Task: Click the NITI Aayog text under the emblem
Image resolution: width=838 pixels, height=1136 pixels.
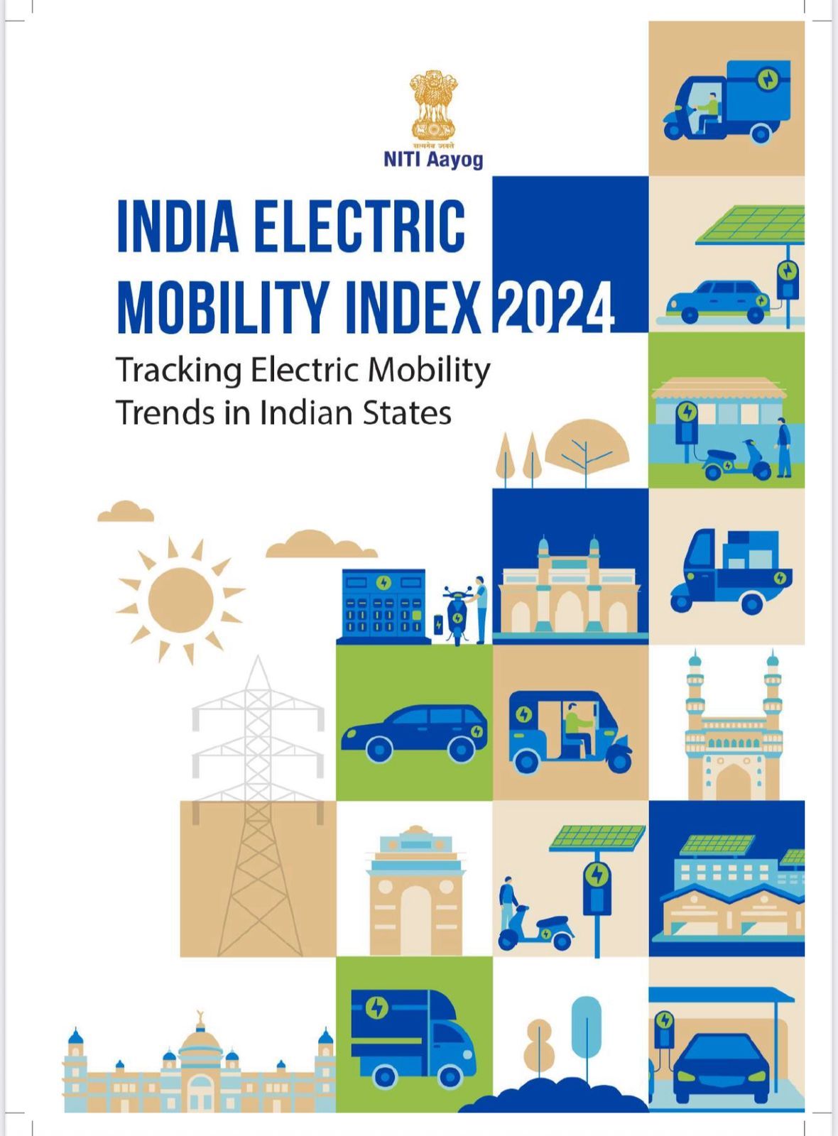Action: point(432,159)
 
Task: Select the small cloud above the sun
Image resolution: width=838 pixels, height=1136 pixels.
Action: point(126,511)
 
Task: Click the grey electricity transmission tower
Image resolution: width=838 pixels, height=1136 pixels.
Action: point(259,781)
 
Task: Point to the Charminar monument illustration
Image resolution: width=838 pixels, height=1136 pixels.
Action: point(733,731)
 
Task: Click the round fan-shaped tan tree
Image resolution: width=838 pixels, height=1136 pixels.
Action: point(587,444)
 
